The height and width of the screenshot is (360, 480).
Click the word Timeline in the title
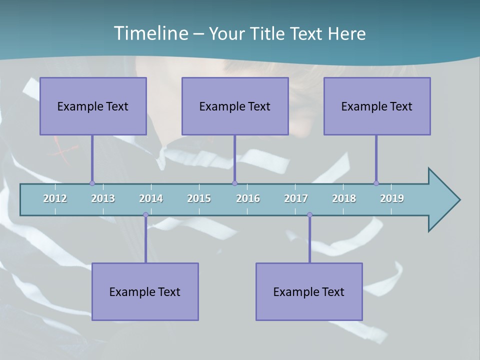tap(150, 33)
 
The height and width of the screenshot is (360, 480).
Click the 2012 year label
tap(55, 198)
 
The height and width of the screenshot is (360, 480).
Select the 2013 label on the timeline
tap(103, 198)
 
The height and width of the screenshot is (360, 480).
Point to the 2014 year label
tap(151, 198)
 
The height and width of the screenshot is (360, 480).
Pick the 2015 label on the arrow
tap(199, 198)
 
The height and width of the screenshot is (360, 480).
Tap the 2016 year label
tap(248, 198)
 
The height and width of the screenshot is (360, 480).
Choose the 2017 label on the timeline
tap(296, 198)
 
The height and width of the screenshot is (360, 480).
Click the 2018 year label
tap(344, 198)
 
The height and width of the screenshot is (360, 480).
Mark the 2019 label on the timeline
tap(392, 198)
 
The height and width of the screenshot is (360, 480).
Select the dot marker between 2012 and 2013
tap(92, 183)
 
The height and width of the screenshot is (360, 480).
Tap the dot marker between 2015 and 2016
tap(234, 183)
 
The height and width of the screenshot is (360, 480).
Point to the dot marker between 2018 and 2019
tap(376, 183)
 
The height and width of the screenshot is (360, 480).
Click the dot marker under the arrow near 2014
tap(145, 215)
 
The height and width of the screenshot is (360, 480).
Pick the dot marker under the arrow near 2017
tap(309, 215)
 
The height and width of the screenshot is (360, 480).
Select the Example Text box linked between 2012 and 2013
tap(93, 106)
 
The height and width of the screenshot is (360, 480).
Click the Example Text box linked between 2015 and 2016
tap(235, 106)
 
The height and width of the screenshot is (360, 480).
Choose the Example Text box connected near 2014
tap(145, 291)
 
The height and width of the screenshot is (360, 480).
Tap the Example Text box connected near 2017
tap(309, 291)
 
